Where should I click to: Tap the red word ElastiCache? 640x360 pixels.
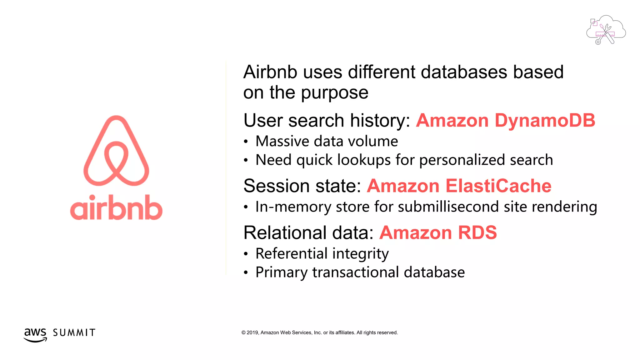pyautogui.click(x=498, y=186)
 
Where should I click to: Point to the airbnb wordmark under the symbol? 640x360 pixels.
pyautogui.click(x=116, y=207)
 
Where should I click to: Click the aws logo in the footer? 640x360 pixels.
pyautogui.click(x=35, y=334)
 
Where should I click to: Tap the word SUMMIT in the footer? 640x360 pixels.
pyautogui.click(x=74, y=333)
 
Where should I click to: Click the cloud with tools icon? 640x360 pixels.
pyautogui.click(x=606, y=30)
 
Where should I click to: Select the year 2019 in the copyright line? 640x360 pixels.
pyautogui.click(x=252, y=333)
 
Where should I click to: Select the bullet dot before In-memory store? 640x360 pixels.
pyautogui.click(x=246, y=207)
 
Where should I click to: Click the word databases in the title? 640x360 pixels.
pyautogui.click(x=464, y=72)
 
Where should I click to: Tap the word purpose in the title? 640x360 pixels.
pyautogui.click(x=335, y=93)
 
